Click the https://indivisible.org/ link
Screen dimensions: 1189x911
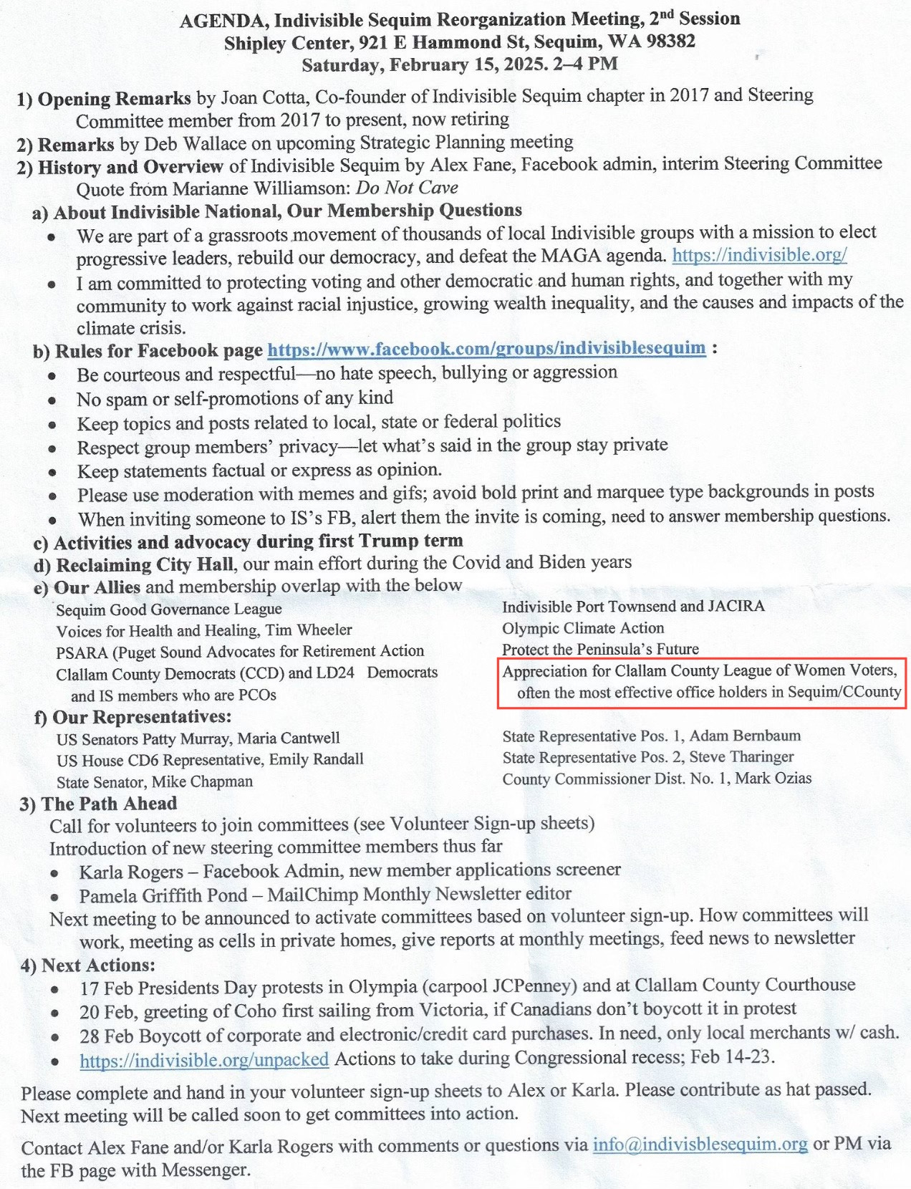[x=759, y=255]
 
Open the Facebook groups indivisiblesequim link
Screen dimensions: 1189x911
[x=486, y=349]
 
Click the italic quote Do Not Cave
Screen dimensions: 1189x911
[x=407, y=188]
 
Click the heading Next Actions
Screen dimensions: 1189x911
[x=98, y=965]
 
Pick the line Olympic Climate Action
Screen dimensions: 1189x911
[x=583, y=628]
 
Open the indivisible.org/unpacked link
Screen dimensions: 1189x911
[x=204, y=1059]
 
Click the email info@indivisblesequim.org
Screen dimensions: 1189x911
[x=700, y=1145]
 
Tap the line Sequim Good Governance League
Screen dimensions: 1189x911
[x=169, y=610]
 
